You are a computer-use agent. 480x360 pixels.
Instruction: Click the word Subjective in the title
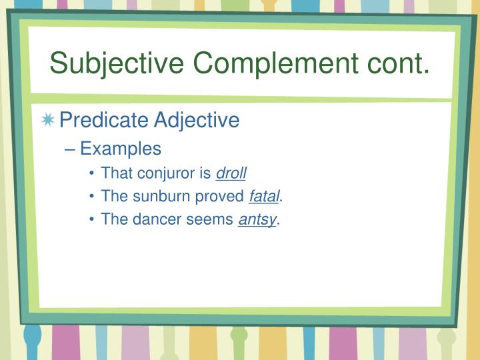[117, 64]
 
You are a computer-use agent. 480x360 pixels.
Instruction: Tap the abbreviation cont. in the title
[397, 64]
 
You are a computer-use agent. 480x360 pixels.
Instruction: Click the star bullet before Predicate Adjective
[48, 121]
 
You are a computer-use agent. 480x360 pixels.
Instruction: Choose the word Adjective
[197, 120]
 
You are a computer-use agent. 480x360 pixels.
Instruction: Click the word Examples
[121, 149]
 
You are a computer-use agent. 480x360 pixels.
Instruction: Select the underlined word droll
[231, 173]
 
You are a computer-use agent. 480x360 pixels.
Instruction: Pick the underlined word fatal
[265, 197]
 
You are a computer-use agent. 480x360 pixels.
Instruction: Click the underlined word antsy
[257, 220]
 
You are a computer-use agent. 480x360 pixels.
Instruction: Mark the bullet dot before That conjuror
[92, 174]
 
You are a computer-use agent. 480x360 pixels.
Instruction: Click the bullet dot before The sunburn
[92, 197]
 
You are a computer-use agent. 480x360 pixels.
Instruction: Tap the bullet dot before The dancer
[92, 221]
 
